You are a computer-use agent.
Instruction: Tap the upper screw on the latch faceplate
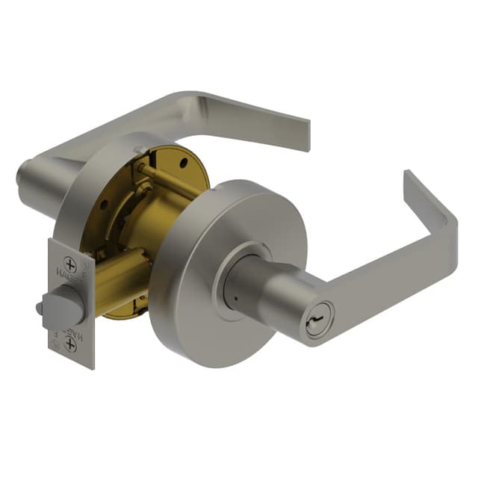click(x=70, y=264)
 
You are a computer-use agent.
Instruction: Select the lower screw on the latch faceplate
click(x=70, y=344)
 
